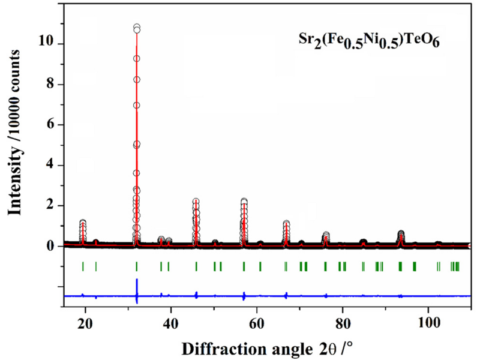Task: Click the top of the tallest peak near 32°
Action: (137, 27)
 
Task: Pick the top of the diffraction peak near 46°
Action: (196, 202)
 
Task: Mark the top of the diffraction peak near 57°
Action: (244, 202)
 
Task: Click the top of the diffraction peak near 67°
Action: (286, 223)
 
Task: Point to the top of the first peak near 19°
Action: (83, 222)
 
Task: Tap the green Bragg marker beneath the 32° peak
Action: (137, 266)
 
